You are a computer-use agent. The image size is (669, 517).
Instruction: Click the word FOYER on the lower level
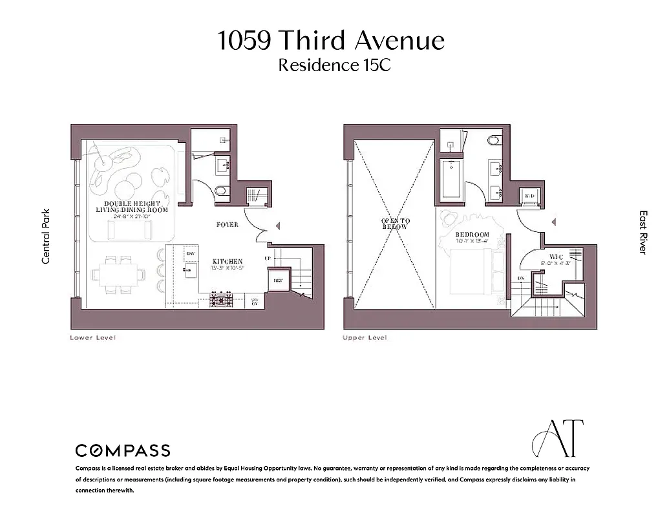click(227, 225)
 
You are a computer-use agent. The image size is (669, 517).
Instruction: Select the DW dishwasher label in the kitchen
click(191, 254)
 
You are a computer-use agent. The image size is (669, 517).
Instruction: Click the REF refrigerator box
click(278, 280)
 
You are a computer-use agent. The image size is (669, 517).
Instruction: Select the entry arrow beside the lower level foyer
click(277, 226)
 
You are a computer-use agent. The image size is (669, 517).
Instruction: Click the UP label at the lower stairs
click(268, 258)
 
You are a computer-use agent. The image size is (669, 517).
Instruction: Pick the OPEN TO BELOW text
click(395, 224)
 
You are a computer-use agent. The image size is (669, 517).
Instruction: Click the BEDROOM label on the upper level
click(472, 235)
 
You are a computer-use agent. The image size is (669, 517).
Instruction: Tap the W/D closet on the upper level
click(530, 195)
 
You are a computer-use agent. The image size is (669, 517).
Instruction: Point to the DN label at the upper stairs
click(521, 279)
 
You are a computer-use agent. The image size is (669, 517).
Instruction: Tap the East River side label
click(642, 232)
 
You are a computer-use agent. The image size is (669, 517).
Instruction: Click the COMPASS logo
click(123, 450)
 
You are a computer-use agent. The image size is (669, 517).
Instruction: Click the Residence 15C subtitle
click(334, 65)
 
